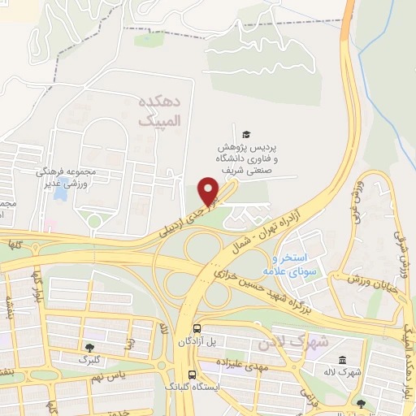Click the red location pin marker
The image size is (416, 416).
(210, 191)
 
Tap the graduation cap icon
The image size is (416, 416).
(246, 135)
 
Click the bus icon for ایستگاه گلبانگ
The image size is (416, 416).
(192, 375)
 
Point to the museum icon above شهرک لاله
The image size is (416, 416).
(340, 360)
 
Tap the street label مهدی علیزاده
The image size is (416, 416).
(236, 366)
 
